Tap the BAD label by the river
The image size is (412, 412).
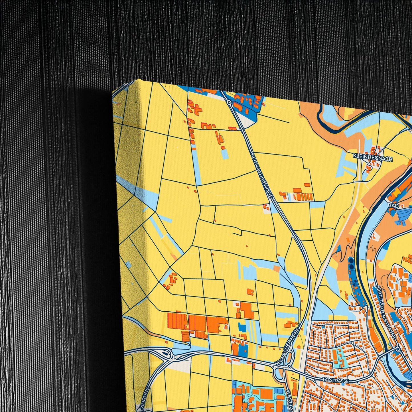(393, 205)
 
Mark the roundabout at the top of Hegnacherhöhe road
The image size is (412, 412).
(229, 102)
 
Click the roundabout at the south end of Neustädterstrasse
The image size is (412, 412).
(397, 349)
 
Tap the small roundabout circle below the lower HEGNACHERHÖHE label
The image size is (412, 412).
(289, 366)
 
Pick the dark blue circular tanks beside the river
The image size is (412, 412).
(351, 263)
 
